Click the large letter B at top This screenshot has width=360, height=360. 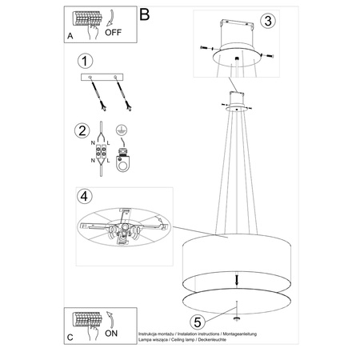(x=144, y=14)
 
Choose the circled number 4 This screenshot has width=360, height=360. (x=84, y=196)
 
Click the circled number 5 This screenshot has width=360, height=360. (x=200, y=323)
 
